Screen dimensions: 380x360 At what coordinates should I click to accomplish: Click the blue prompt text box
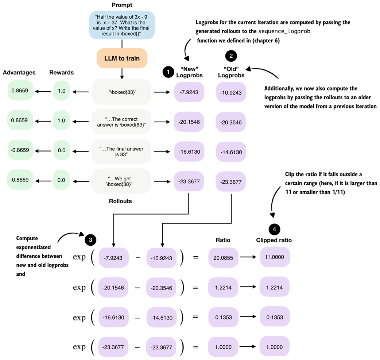[122, 25]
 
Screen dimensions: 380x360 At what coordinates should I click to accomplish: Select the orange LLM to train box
[122, 58]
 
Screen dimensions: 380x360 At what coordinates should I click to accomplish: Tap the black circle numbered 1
[168, 72]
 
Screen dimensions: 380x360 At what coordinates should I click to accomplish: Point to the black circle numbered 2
[231, 56]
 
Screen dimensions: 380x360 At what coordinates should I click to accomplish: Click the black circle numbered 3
[90, 240]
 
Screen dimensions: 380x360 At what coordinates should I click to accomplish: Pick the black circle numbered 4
[274, 229]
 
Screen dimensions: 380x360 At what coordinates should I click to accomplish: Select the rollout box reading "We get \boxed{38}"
[121, 181]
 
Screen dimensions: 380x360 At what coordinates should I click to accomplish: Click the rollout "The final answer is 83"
[121, 152]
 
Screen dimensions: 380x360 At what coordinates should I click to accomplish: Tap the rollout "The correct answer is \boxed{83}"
[121, 122]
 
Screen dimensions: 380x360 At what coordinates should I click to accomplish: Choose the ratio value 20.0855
[223, 258]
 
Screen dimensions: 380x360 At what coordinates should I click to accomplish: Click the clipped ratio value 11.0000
[275, 257]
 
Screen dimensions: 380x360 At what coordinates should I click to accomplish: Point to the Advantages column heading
[19, 73]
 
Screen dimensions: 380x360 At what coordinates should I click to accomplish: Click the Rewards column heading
[62, 73]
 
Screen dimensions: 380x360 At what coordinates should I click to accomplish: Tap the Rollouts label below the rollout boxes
[120, 201]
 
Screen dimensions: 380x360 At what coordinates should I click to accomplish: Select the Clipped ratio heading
[274, 240]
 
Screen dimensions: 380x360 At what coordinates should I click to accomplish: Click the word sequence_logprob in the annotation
[284, 31]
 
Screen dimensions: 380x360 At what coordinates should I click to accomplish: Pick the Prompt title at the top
[122, 5]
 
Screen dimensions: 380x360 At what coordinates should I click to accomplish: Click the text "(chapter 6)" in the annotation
[266, 41]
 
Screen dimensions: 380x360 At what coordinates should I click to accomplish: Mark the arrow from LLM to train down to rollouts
[122, 74]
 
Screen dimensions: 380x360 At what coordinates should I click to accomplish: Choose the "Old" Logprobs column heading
[231, 72]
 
